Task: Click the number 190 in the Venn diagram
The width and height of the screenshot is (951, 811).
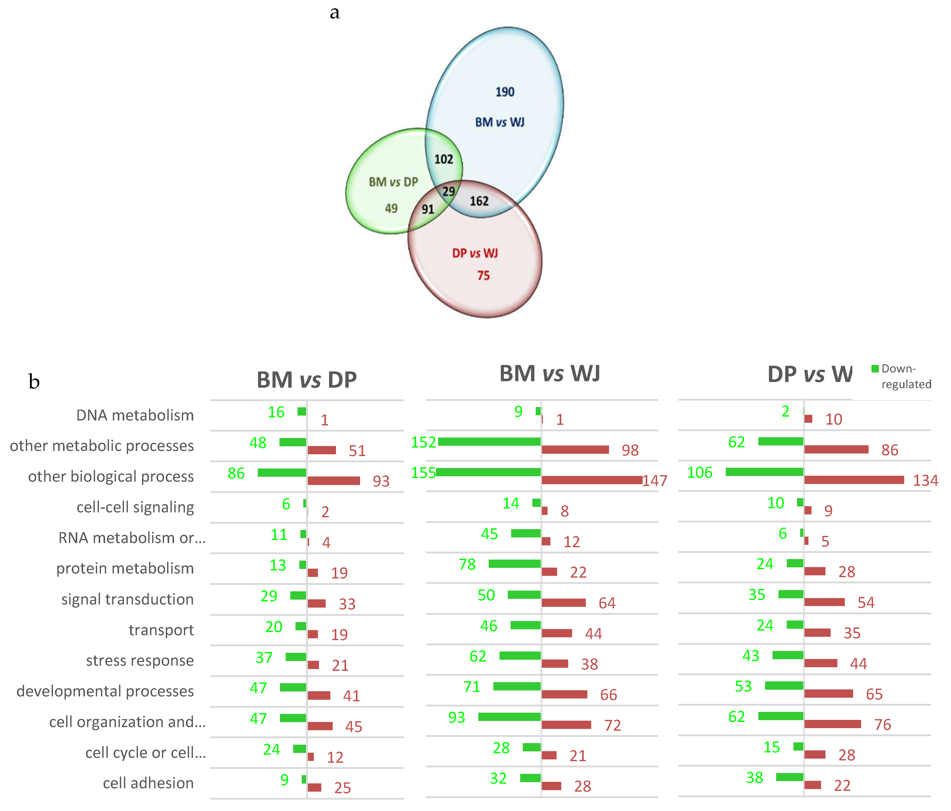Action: click(x=505, y=92)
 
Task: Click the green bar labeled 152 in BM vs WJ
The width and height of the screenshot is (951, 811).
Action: click(x=489, y=442)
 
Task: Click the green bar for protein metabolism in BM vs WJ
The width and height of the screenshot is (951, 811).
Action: click(x=515, y=564)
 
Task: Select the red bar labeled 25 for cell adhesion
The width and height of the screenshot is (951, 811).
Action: click(x=314, y=788)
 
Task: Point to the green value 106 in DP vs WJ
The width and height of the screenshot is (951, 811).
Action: click(x=699, y=472)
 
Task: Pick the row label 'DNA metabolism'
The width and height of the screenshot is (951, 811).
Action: click(x=135, y=415)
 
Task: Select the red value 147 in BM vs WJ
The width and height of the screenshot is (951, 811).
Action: click(x=654, y=481)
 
